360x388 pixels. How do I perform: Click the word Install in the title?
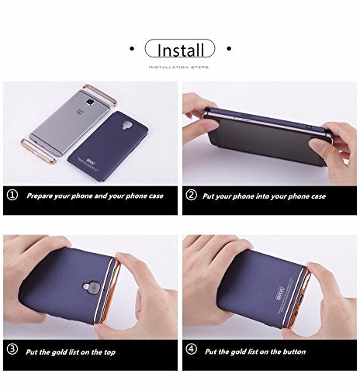[182, 51]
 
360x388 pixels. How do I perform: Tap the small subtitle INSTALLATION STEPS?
[181, 68]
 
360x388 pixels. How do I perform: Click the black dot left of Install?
[134, 50]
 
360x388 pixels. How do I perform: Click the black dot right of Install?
[229, 50]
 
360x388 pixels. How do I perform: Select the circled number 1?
[12, 196]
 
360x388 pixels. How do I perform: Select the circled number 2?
[192, 196]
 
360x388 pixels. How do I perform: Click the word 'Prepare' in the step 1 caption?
[42, 196]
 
